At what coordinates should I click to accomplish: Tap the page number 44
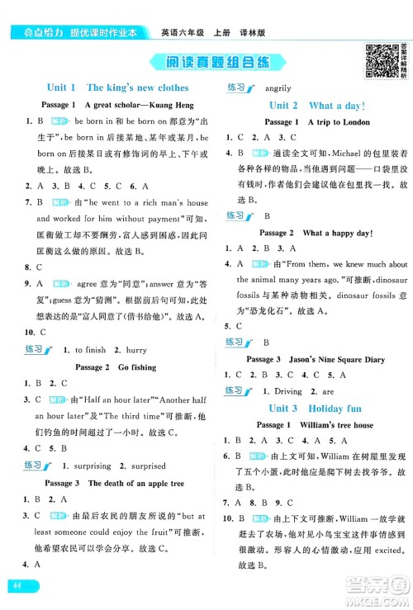tap(16, 585)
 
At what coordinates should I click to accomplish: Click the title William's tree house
tap(339, 424)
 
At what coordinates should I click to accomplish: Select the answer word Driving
tap(288, 391)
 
